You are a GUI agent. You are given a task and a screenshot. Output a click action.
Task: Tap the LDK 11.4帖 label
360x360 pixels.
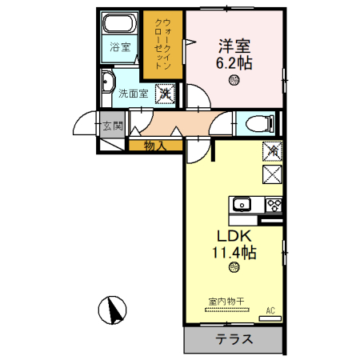[x=234, y=244]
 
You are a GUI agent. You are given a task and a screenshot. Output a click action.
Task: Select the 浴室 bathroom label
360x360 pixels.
[x=119, y=47]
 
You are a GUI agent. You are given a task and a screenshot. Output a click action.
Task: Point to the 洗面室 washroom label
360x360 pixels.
[x=134, y=93]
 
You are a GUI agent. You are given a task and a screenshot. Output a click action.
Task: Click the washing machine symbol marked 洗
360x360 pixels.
[x=165, y=93]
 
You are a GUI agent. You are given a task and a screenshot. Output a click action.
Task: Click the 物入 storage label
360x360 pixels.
[x=155, y=145]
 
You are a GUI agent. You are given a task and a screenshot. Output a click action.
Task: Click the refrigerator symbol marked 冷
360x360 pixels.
[x=272, y=150]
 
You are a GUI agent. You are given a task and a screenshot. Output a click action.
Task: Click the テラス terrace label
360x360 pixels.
[x=234, y=339]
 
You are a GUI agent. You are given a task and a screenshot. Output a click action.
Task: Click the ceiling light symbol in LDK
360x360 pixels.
[x=234, y=267]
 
